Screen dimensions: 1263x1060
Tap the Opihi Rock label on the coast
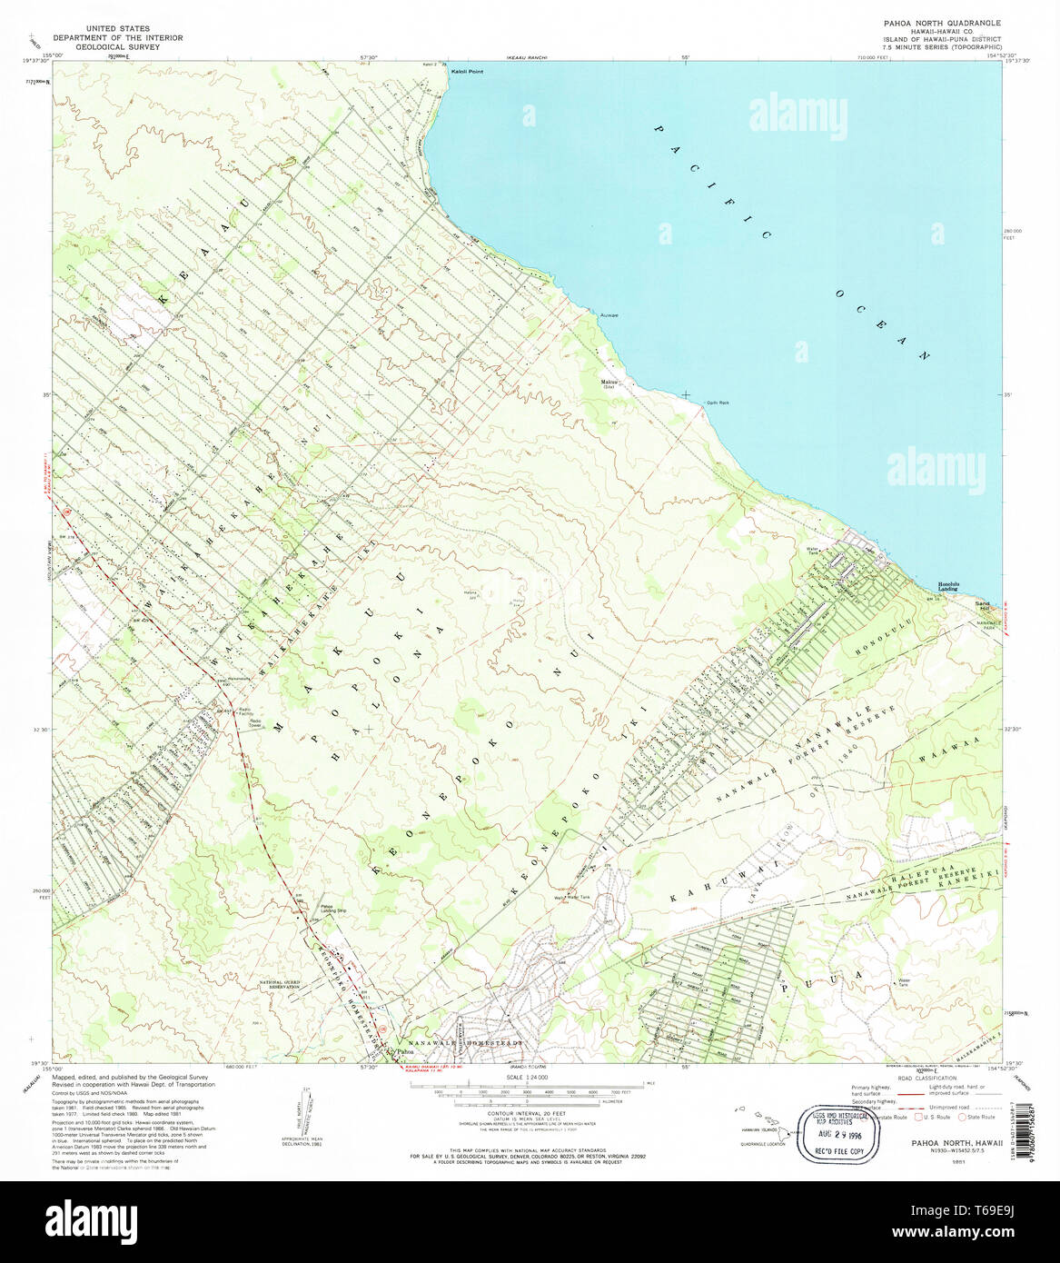click(718, 403)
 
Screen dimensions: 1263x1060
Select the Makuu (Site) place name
click(609, 383)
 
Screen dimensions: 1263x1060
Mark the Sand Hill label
click(982, 606)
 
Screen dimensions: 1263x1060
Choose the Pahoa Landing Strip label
click(332, 908)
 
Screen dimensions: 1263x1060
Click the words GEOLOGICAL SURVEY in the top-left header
click(117, 46)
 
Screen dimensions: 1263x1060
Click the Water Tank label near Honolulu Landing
click(812, 551)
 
